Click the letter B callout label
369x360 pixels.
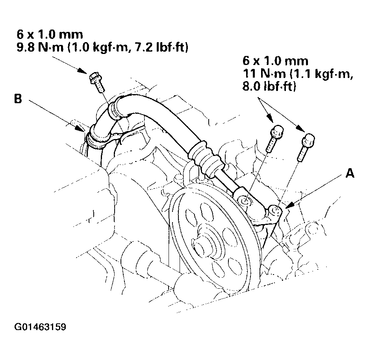click(x=18, y=99)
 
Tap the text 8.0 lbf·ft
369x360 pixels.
click(x=268, y=87)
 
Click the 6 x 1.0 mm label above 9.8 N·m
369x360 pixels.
click(x=49, y=35)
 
